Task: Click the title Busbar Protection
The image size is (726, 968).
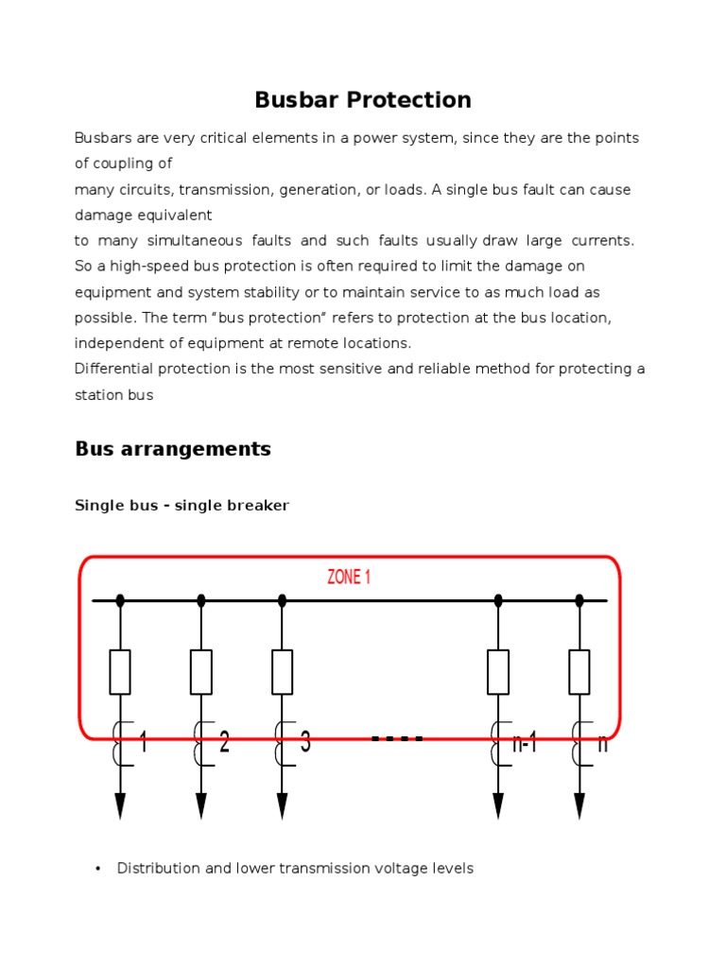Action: click(363, 100)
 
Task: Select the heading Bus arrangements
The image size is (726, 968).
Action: click(173, 449)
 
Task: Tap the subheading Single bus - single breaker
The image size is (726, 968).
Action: click(181, 506)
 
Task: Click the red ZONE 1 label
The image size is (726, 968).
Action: click(349, 577)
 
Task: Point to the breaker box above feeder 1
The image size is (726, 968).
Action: click(120, 672)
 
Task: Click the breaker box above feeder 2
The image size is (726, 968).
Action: click(200, 672)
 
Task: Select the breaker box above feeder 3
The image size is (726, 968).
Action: click(282, 672)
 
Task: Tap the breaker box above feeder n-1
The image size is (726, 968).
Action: click(498, 672)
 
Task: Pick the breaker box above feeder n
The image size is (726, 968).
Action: click(579, 672)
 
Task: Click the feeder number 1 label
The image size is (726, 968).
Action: click(143, 743)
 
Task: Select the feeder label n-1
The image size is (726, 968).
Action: click(525, 743)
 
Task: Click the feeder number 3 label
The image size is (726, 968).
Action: click(305, 743)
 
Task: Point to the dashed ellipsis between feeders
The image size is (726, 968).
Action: click(397, 738)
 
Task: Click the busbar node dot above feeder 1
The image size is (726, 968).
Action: click(120, 600)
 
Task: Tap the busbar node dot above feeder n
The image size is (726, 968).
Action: click(579, 600)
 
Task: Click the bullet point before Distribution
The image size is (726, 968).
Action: click(98, 869)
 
